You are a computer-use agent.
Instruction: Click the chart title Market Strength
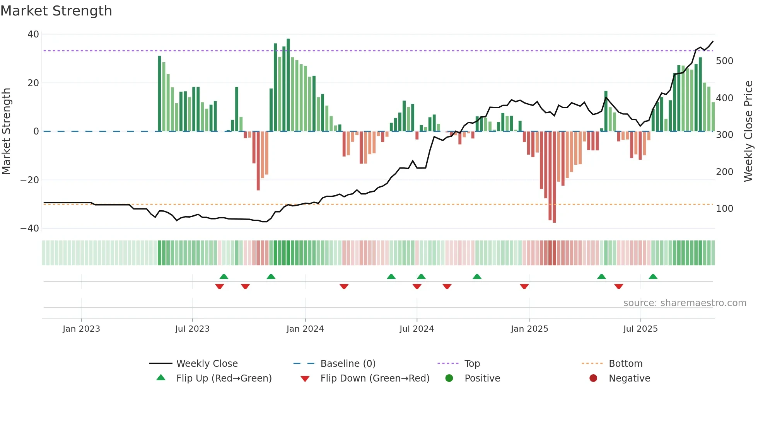[56, 11]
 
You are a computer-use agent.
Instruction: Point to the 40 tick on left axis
[33, 34]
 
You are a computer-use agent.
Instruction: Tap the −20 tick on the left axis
[30, 180]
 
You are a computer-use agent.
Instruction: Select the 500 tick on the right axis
[724, 61]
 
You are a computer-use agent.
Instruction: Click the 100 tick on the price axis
[724, 209]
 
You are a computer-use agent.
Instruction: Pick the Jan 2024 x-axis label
[305, 329]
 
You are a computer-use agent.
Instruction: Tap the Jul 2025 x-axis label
[640, 329]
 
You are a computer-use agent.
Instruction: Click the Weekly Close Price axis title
[749, 131]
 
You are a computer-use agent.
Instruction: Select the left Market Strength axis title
[7, 131]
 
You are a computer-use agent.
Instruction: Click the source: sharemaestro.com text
[685, 303]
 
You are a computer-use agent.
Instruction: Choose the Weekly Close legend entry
[207, 364]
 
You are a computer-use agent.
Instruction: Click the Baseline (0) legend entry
[348, 364]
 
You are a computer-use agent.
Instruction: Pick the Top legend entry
[472, 364]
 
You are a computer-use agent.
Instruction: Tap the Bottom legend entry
[625, 364]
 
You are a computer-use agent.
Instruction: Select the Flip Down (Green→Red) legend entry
[375, 378]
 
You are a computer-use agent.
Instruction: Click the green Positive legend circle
[449, 378]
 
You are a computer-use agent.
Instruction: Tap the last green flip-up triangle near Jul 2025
[653, 277]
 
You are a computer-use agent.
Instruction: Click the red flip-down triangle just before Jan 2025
[524, 286]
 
